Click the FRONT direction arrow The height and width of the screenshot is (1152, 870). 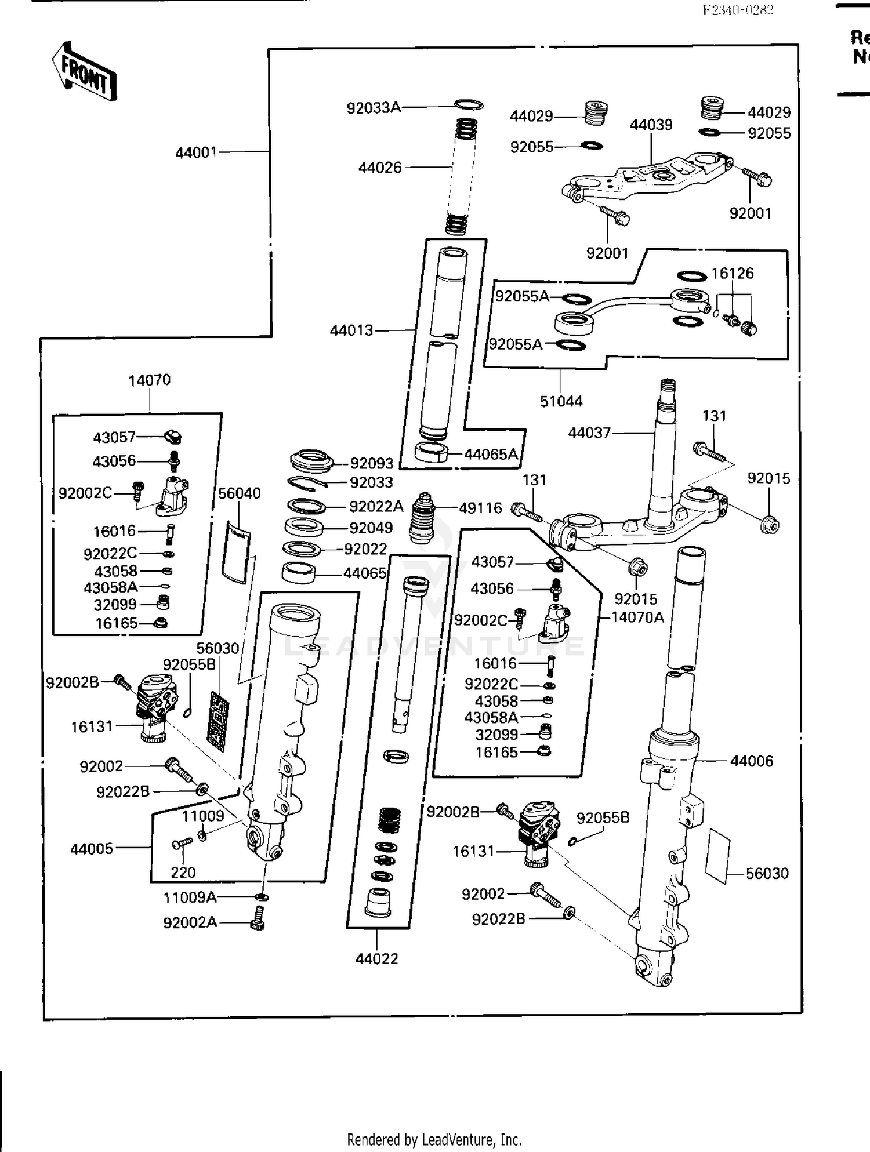[84, 71]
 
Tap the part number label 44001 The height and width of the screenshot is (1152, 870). [196, 152]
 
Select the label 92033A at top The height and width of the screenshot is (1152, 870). [374, 108]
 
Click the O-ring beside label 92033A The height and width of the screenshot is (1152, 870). [469, 105]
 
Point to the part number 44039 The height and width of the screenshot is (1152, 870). [651, 125]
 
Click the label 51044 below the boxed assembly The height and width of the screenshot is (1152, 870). [561, 401]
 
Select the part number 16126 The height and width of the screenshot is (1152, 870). [733, 274]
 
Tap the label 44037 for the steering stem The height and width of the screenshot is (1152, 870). [589, 433]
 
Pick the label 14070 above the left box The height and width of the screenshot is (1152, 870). [149, 380]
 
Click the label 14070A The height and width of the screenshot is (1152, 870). [637, 617]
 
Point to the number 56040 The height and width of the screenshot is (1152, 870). [239, 493]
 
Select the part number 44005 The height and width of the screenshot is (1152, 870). [92, 849]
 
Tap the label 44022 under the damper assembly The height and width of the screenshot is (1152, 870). [376, 959]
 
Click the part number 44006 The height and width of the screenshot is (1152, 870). [752, 761]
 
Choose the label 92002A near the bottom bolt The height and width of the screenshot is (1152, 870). [190, 922]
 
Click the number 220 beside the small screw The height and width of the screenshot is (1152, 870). [183, 873]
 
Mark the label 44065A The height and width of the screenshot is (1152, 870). [491, 455]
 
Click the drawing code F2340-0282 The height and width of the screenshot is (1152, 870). [737, 10]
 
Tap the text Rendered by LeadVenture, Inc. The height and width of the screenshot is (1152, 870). [434, 1139]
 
